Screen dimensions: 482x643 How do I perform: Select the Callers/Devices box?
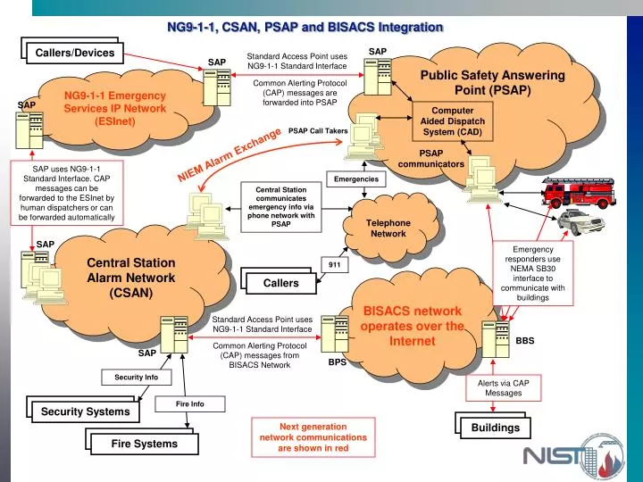[x=75, y=53]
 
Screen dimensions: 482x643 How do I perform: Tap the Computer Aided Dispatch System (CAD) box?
[x=452, y=121]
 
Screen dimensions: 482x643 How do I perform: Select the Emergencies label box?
[x=355, y=179]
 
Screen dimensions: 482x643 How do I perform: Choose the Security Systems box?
[x=85, y=411]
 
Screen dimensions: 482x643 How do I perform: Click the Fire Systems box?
[x=144, y=444]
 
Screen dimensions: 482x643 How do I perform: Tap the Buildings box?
[x=496, y=428]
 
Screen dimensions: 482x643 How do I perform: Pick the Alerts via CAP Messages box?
[x=503, y=388]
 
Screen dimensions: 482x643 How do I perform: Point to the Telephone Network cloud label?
[x=388, y=228]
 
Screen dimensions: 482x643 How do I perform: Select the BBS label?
[x=525, y=341]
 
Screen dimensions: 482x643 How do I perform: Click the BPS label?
[x=337, y=362]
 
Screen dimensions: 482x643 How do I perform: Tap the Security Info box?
[x=136, y=378]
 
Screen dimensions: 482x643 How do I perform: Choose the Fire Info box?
[x=189, y=404]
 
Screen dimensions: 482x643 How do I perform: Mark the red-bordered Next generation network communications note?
[x=313, y=437]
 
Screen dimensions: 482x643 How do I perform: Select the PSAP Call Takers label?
[x=318, y=131]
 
